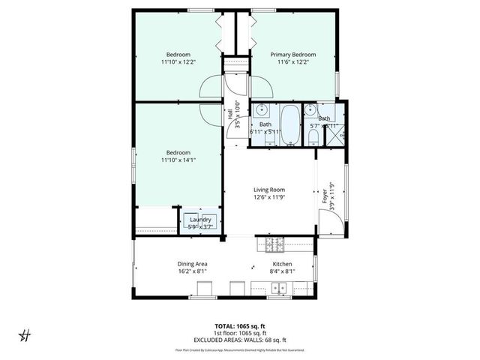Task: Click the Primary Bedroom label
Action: [x=293, y=55]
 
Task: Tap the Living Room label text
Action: [x=268, y=190]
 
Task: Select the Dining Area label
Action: [x=192, y=264]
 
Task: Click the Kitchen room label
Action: [x=282, y=264]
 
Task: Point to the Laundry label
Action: [x=200, y=219]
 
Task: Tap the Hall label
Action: [x=229, y=114]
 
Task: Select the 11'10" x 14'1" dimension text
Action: [x=178, y=159]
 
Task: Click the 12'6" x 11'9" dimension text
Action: [x=268, y=198]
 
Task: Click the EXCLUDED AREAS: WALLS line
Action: [x=240, y=340]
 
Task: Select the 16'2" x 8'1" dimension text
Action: [x=192, y=272]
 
